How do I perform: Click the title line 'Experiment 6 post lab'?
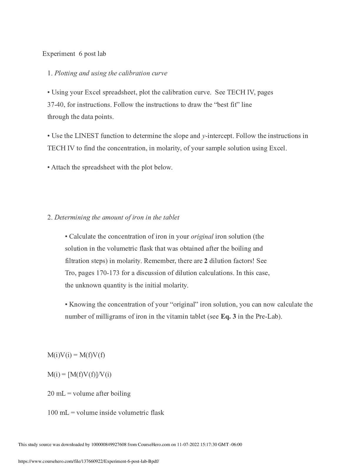[74, 54]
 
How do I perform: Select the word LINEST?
[87, 136]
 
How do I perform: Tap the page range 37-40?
[55, 105]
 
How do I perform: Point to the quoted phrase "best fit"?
[226, 105]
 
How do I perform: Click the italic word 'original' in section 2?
[202, 237]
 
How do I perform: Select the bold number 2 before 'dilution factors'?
[206, 261]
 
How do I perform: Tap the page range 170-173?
[108, 273]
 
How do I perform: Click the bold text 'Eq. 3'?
[228, 317]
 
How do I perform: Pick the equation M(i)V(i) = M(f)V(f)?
[76, 355]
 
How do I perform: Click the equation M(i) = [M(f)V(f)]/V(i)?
[79, 374]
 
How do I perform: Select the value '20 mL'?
[56, 394]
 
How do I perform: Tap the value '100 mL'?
[58, 413]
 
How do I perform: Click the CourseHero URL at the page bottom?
[89, 461]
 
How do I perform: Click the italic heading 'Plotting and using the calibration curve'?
[111, 73]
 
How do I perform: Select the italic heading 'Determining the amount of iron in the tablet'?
[117, 217]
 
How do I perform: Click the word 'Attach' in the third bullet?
[60, 167]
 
